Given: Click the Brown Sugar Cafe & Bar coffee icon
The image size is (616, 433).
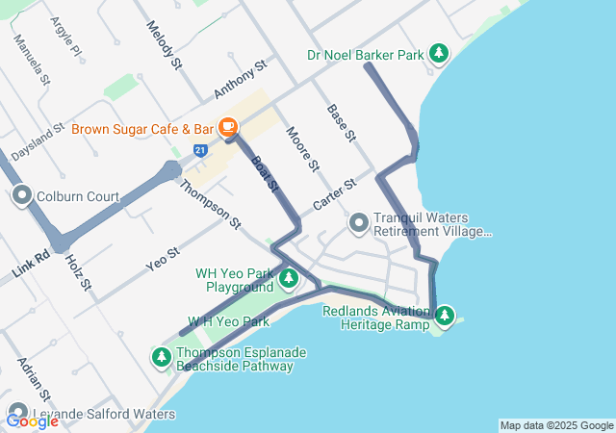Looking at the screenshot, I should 228,127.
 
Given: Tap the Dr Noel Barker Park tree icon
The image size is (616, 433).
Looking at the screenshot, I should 439,54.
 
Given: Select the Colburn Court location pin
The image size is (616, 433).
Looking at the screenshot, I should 22,197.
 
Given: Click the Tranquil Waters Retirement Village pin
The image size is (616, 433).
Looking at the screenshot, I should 359,224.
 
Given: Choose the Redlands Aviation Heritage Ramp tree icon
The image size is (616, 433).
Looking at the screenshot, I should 444,316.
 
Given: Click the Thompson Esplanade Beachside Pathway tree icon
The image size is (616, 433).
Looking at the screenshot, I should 162,358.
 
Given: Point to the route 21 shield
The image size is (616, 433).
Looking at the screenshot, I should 199,151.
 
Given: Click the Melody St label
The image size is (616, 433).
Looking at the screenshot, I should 165,45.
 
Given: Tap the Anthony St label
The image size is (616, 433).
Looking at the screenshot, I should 240,80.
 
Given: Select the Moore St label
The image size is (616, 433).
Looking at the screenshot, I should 302,147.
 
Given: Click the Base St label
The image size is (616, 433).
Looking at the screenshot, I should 342,124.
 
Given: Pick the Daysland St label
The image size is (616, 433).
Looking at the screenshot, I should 37,140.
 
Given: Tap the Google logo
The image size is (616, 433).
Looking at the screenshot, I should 32,420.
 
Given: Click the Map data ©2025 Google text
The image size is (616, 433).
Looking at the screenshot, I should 556,425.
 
